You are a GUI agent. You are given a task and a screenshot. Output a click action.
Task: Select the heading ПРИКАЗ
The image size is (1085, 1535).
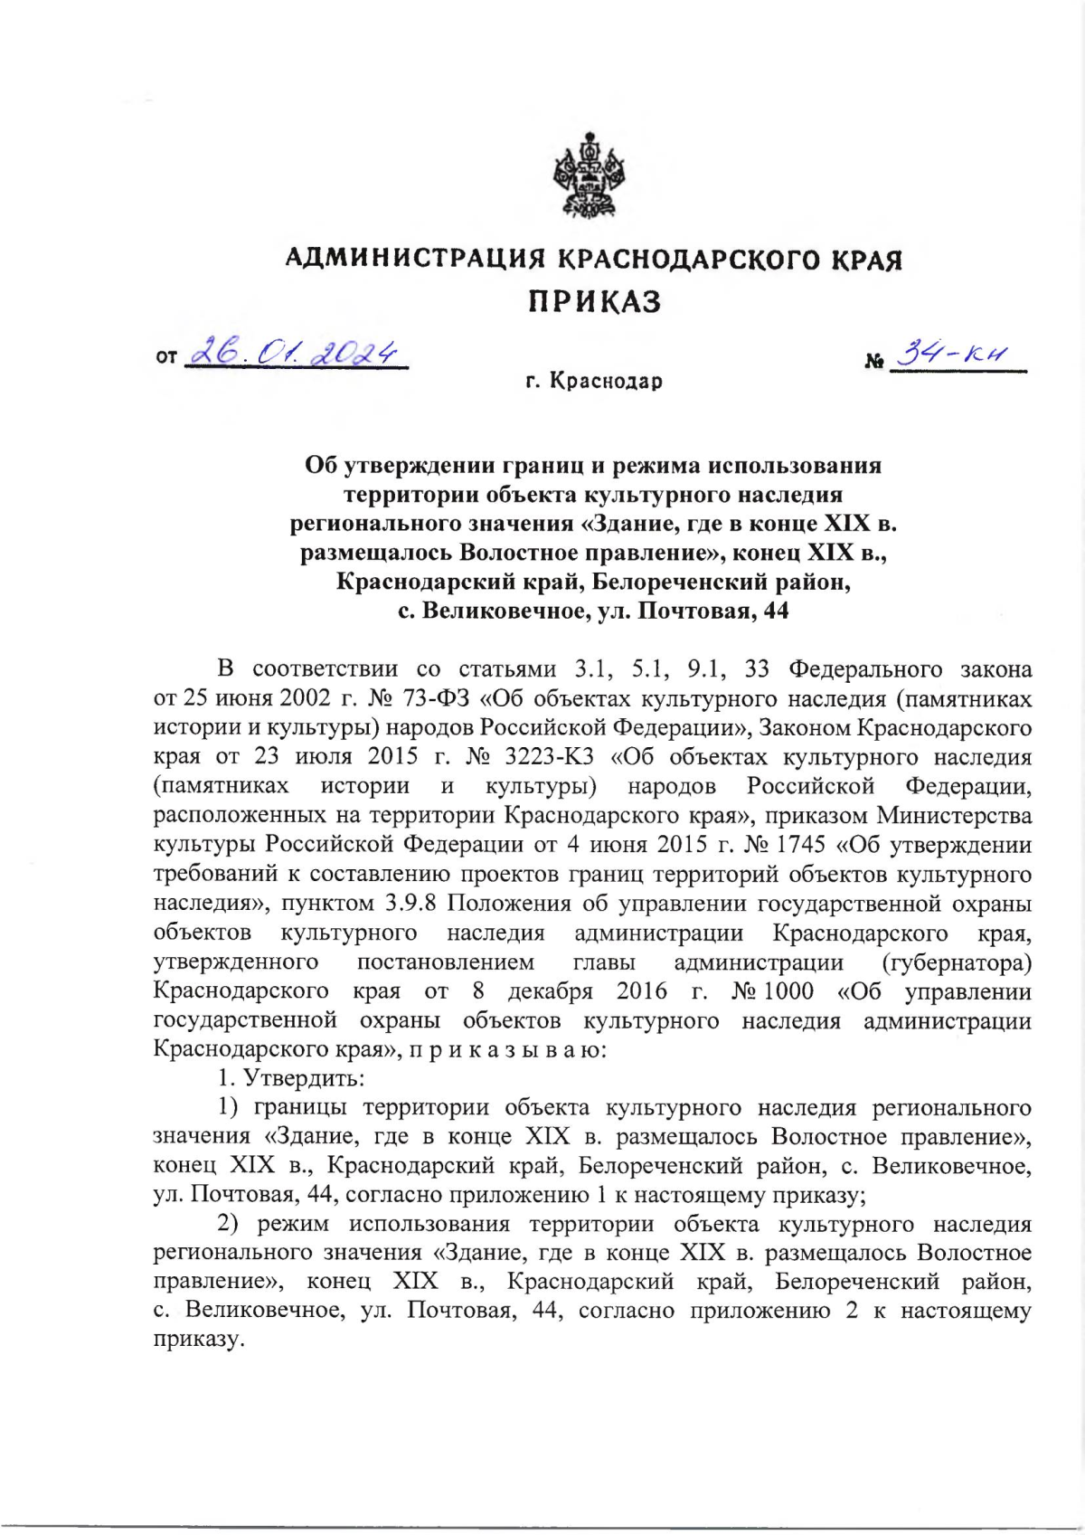pos(595,301)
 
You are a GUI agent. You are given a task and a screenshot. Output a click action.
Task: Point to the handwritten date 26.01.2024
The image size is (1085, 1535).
pos(296,351)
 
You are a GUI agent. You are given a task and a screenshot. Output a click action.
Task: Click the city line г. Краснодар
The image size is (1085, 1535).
pos(595,382)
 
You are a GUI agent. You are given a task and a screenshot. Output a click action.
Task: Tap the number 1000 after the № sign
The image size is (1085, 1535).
pos(788,991)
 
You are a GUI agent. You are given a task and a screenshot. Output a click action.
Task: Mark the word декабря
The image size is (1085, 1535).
pos(550,991)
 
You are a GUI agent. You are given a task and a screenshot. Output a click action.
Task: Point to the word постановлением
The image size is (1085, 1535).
pos(445,962)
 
